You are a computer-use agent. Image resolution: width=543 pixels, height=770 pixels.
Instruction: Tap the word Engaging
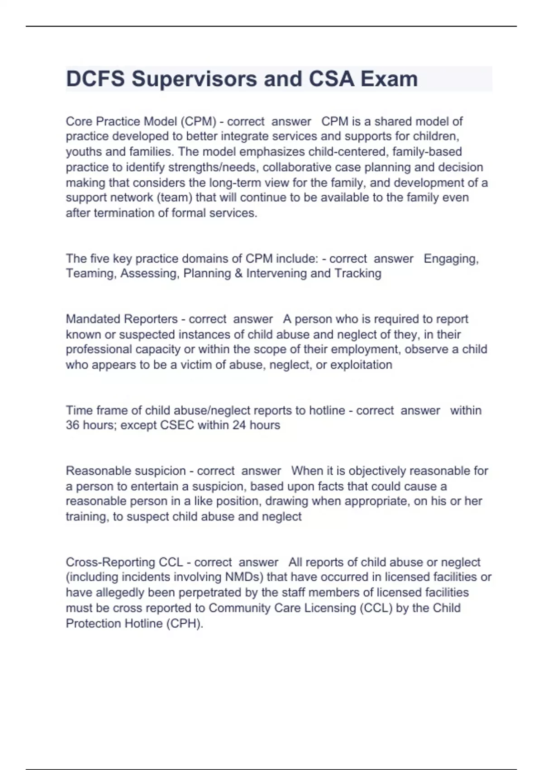click(x=451, y=259)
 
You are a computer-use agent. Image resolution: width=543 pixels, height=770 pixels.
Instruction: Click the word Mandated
click(x=93, y=319)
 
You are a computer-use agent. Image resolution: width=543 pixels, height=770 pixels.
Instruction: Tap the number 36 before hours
click(x=72, y=425)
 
